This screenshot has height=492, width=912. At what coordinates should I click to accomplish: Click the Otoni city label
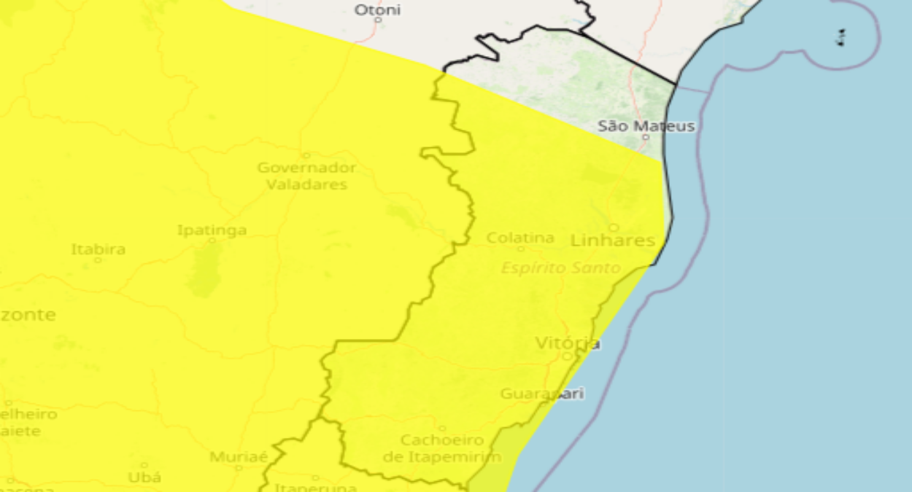click(x=377, y=9)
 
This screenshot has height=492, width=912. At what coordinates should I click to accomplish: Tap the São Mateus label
click(x=646, y=125)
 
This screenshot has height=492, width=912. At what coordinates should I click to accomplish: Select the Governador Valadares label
click(x=306, y=176)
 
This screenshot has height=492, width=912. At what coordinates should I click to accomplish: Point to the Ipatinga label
click(x=212, y=230)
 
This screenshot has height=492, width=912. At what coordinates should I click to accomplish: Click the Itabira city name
click(x=98, y=249)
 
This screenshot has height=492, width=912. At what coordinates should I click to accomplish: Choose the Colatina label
click(x=520, y=238)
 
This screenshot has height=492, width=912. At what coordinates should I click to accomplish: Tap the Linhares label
click(x=612, y=240)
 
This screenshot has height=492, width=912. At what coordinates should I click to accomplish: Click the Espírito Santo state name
click(x=560, y=268)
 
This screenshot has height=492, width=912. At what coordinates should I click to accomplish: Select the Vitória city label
click(x=568, y=343)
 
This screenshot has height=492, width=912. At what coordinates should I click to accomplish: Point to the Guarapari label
click(x=542, y=394)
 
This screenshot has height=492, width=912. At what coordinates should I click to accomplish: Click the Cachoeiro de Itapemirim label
click(x=442, y=448)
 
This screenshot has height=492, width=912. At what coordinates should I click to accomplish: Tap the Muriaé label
click(x=238, y=457)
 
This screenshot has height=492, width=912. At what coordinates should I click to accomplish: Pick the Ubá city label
click(x=144, y=477)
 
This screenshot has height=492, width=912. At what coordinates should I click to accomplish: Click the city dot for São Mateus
click(x=645, y=137)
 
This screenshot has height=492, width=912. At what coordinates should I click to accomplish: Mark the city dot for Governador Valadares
click(x=306, y=155)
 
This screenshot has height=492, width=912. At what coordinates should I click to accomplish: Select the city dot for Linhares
click(x=614, y=227)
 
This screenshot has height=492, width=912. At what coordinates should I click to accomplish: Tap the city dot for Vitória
click(x=567, y=356)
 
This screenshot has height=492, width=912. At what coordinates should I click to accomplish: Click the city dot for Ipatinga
click(x=212, y=240)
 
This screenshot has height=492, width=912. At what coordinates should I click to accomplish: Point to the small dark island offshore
click(x=841, y=37)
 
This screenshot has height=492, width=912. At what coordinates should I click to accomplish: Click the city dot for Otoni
click(x=378, y=20)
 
